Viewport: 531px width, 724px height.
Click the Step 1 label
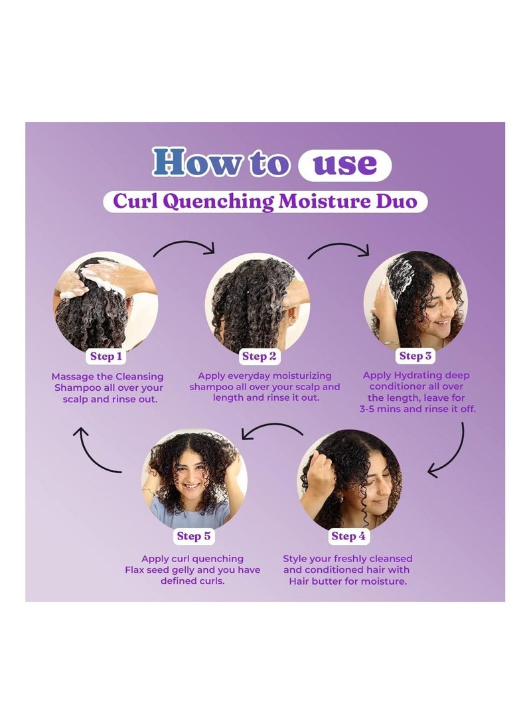coord(106,356)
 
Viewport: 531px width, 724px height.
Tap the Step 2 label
coord(259,356)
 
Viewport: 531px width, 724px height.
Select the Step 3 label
coord(415,356)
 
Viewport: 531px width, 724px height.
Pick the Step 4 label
coord(348,536)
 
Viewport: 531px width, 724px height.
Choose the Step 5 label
coord(193,536)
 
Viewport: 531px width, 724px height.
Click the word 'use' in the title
coord(345,164)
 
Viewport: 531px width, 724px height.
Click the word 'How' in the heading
coord(196,162)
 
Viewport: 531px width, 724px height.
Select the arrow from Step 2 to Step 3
coord(339,244)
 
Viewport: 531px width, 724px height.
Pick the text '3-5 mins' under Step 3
coord(380,409)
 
